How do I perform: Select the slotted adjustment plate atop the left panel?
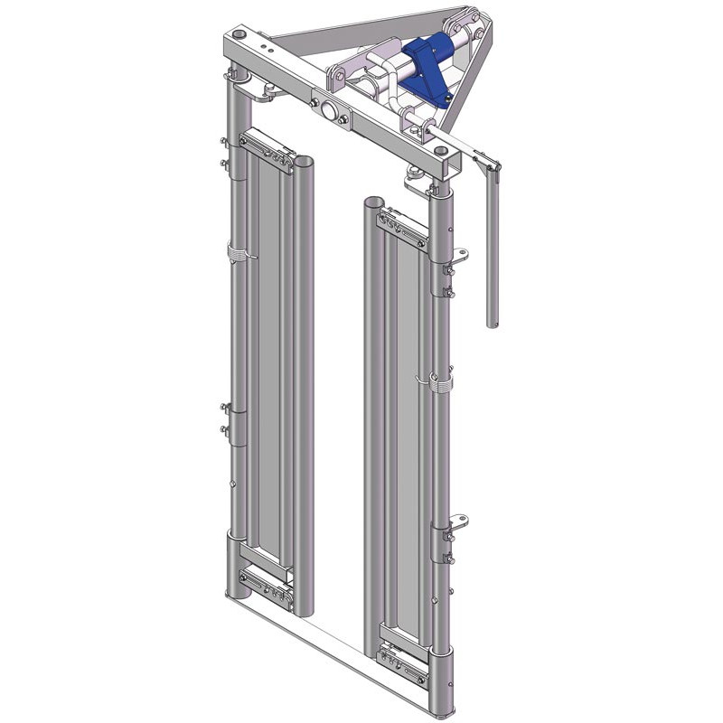266,146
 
